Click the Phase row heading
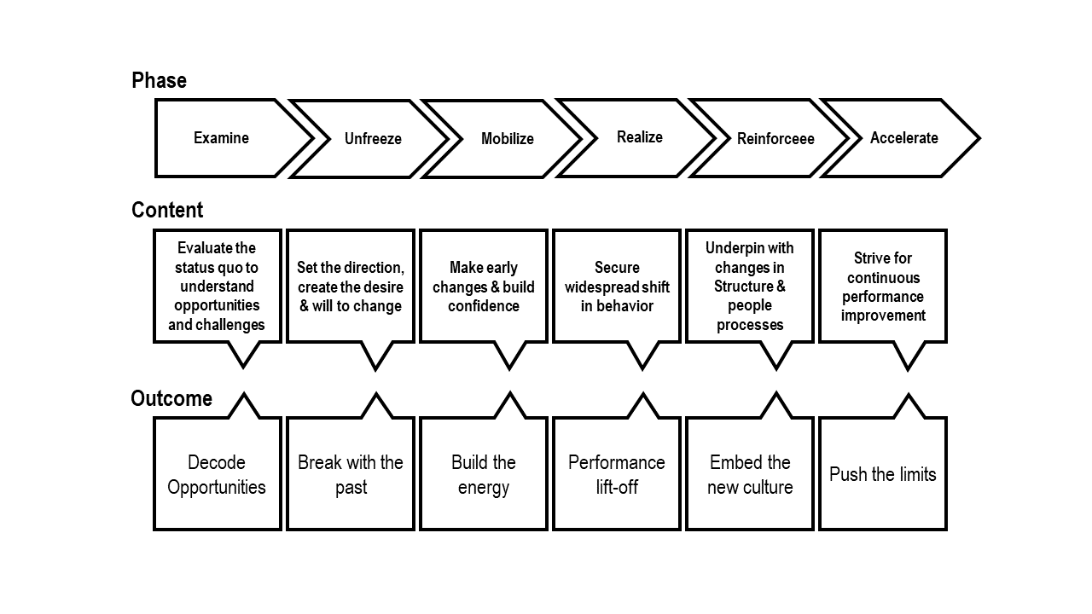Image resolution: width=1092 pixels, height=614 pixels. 159,80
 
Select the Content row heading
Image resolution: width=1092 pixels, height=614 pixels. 167,210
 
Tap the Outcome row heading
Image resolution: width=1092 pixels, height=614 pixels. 171,398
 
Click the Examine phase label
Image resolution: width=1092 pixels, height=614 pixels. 221,138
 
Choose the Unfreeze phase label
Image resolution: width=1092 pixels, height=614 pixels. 373,139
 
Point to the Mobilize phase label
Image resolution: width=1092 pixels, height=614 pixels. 508,139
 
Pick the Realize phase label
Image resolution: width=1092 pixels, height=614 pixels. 640,137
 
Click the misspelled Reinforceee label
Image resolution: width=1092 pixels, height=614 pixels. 775,139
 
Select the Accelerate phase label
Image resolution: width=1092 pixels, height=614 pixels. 904,138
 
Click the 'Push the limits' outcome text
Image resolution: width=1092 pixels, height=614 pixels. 883,474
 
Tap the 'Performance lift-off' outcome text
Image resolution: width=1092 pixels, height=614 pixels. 617,475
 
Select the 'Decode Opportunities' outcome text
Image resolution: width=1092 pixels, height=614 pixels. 217,475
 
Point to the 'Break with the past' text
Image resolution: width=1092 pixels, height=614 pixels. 351,475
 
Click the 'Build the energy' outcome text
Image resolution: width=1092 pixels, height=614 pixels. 484,475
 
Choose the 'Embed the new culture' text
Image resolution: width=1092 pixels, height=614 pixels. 750,475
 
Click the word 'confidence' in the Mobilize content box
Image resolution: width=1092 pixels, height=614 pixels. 484,306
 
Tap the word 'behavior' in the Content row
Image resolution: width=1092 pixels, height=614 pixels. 625,306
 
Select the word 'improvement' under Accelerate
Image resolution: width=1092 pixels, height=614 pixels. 883,316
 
